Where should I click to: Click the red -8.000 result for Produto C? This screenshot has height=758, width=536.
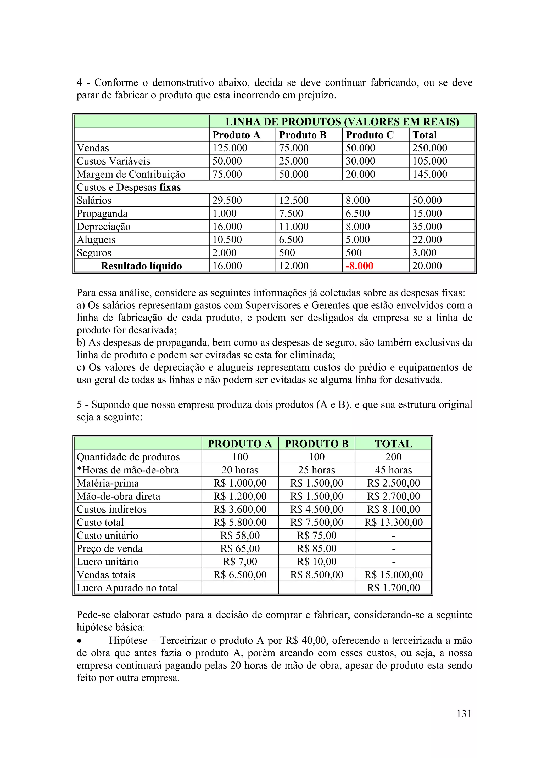pos(359,266)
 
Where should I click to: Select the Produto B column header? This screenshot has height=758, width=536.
pos(303,135)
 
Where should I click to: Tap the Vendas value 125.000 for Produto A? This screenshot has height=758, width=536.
pos(230,148)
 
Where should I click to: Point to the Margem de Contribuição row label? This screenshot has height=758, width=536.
pos(131,174)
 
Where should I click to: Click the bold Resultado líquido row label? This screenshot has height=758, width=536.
pos(141,266)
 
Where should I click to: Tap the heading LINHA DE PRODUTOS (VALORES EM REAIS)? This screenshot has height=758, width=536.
pos(342,122)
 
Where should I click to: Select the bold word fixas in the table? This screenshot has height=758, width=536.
pos(170,188)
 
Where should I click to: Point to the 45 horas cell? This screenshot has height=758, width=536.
pos(393,470)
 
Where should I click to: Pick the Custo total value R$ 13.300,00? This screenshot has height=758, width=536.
pos(393,522)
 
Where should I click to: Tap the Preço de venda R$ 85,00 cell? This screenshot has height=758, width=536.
pos(316,549)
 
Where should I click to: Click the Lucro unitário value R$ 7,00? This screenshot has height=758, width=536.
pos(240,562)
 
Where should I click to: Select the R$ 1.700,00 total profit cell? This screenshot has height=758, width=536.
pos(393,588)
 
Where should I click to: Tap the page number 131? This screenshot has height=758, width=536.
pos(464,714)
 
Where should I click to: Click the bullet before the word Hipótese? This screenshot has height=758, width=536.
pos(79,641)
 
